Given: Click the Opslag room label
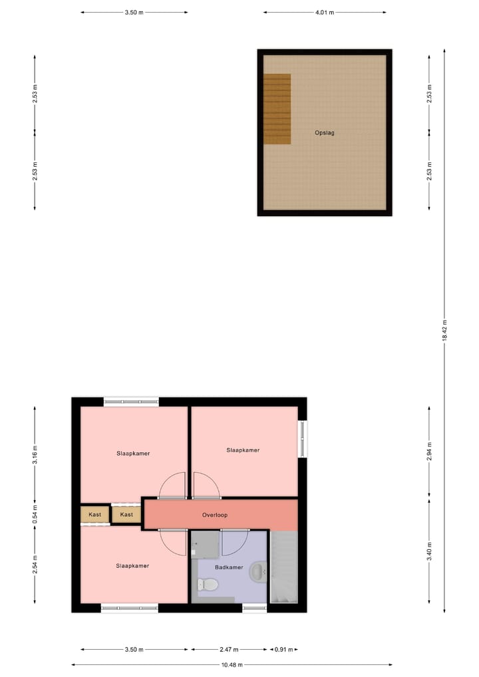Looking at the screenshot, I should (325, 133).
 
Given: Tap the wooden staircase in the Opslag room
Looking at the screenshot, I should (277, 109).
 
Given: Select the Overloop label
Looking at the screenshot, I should (215, 515).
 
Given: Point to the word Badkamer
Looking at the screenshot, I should (229, 567).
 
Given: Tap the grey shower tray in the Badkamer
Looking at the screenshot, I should (205, 545).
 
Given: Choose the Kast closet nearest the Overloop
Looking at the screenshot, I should (126, 515).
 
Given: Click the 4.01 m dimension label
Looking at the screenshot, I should (324, 12).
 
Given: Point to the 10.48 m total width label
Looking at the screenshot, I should (232, 665).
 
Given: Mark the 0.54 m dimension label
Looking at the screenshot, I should (35, 515).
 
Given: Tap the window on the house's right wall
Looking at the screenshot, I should (303, 439).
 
